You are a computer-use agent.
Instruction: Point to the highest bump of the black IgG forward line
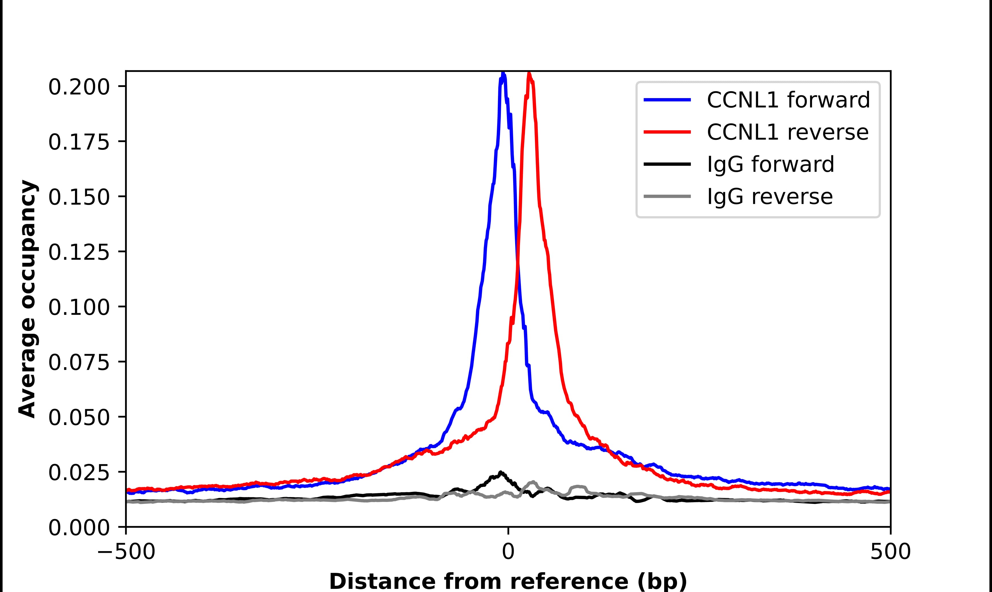point(501,473)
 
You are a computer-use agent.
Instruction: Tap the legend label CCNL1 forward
point(788,100)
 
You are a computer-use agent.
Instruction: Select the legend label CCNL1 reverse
point(787,132)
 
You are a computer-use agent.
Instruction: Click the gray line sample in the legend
point(667,196)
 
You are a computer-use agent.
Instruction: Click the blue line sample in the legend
point(667,100)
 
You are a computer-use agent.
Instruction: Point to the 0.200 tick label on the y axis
point(79,87)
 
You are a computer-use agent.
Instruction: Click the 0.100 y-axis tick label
point(79,307)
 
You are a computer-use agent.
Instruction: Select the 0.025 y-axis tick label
point(79,473)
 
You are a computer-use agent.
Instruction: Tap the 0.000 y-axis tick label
point(79,528)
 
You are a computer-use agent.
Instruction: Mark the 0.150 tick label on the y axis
point(79,197)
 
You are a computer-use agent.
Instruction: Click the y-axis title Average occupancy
point(28,299)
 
